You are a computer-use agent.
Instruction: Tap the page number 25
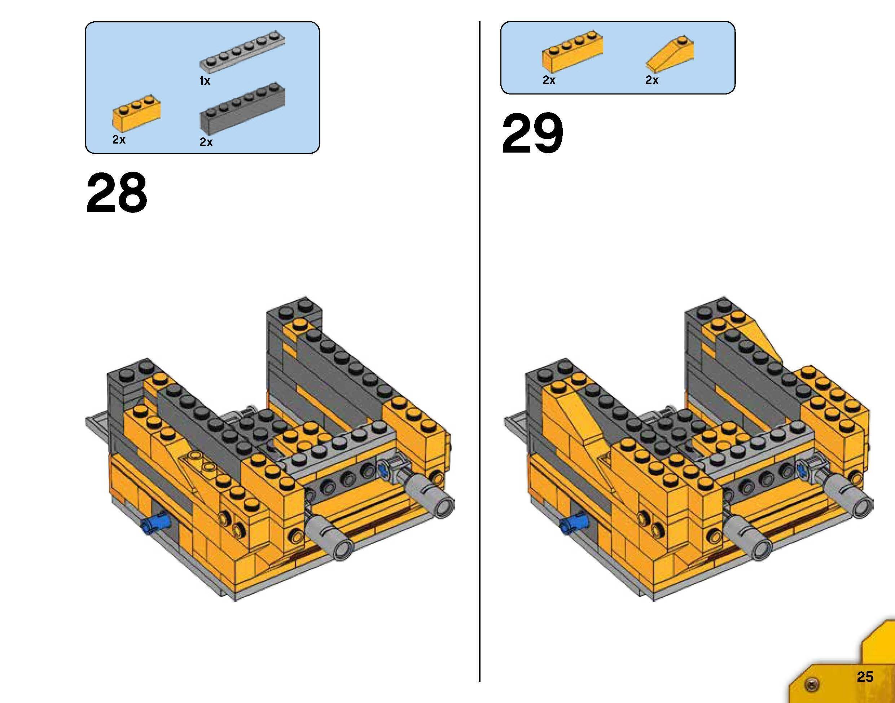click(x=865, y=677)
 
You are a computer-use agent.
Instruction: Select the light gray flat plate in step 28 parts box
click(x=243, y=52)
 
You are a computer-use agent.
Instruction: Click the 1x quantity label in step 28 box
click(x=205, y=82)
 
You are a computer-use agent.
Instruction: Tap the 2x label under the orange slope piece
click(x=652, y=80)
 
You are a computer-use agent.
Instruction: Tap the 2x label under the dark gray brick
click(x=206, y=142)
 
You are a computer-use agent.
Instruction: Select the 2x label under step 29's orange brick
click(x=549, y=80)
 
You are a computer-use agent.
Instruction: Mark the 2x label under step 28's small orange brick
click(x=119, y=140)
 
